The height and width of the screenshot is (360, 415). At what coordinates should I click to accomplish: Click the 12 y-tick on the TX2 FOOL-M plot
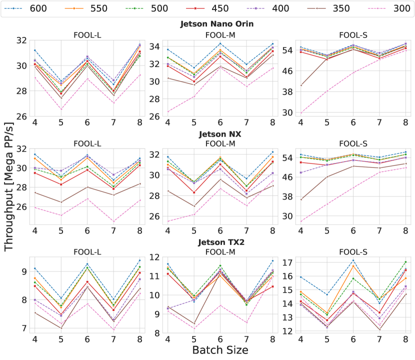click(x=154, y=257)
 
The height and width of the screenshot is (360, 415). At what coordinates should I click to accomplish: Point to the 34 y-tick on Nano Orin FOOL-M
click(x=154, y=47)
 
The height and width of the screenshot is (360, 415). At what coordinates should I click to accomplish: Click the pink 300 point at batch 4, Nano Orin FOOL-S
click(x=300, y=112)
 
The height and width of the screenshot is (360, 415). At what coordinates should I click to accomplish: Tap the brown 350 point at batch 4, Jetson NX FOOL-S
click(x=300, y=199)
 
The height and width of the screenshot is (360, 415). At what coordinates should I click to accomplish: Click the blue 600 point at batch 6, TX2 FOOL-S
click(x=353, y=260)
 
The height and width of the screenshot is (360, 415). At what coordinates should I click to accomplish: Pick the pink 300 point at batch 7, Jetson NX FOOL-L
click(x=113, y=221)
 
